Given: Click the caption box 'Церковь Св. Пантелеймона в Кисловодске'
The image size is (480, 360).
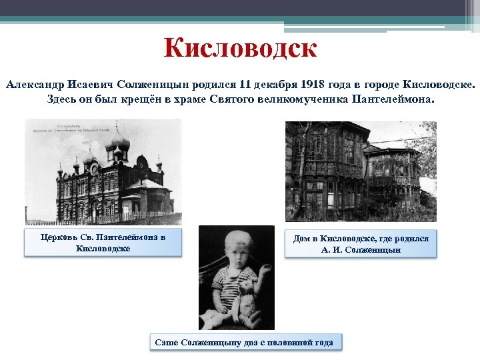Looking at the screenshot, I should pos(103,243).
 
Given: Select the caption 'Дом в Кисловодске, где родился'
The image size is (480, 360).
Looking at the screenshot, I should pos(361,239).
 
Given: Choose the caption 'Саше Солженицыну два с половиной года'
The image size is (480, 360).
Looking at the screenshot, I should pos(244,342).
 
